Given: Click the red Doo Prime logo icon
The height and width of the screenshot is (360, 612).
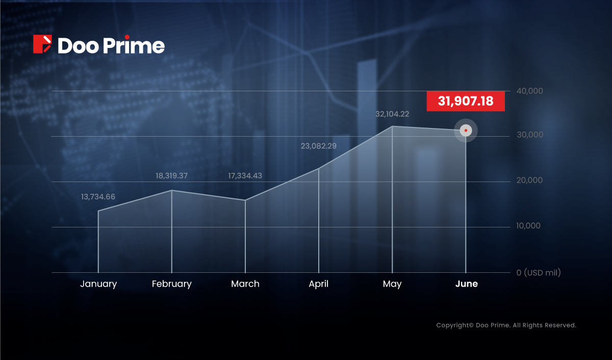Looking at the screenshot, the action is click(x=42, y=44).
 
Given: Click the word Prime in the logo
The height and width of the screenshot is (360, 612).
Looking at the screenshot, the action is click(x=134, y=44).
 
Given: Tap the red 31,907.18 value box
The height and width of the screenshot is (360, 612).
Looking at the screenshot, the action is click(x=466, y=101).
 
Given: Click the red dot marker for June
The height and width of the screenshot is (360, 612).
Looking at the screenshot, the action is click(x=466, y=131).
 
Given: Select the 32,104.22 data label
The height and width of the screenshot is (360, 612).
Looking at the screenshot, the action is click(x=392, y=114).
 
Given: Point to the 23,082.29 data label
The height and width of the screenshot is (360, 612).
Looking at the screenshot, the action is click(x=319, y=146).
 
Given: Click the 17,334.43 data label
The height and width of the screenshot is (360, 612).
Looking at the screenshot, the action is click(x=245, y=175).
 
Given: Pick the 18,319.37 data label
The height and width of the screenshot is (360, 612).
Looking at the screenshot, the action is click(x=171, y=175).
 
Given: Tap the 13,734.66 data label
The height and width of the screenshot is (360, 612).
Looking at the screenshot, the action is click(x=98, y=197).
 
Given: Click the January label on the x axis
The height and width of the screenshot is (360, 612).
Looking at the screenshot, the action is click(x=98, y=284).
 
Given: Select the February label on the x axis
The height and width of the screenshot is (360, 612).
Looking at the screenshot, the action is click(x=171, y=284).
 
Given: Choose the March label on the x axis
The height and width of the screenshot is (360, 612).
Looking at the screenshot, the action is click(x=245, y=284).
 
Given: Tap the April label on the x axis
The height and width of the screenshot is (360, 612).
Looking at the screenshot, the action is click(x=319, y=284).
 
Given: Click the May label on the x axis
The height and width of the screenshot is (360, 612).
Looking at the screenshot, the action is click(x=392, y=284).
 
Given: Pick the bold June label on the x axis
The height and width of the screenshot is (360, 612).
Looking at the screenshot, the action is click(x=466, y=284).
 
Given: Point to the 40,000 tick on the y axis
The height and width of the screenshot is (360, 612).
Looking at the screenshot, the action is click(x=529, y=91).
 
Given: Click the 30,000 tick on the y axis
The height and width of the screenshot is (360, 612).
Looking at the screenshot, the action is click(x=530, y=135).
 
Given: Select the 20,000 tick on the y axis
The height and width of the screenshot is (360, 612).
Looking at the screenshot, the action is click(x=529, y=181).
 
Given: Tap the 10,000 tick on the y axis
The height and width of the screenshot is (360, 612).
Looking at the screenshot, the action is click(x=528, y=225).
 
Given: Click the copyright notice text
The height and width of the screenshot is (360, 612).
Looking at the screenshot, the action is click(x=506, y=325).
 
